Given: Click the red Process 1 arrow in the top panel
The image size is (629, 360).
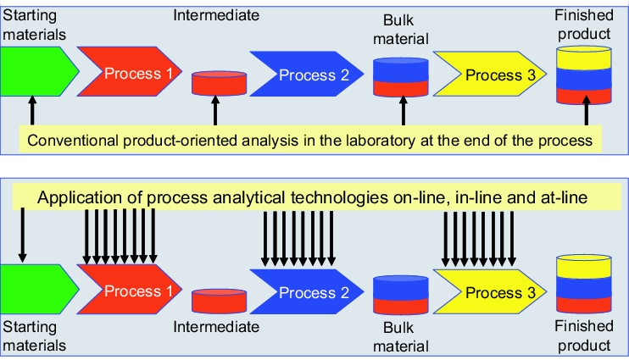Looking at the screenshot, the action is pyautogui.click(x=129, y=71).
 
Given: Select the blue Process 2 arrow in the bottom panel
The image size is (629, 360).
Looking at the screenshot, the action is pyautogui.click(x=307, y=291).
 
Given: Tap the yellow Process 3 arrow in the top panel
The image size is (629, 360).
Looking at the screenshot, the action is pyautogui.click(x=490, y=74).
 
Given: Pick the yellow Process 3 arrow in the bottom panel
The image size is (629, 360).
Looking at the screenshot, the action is pyautogui.click(x=490, y=291).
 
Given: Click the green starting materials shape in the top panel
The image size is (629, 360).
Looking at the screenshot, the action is pyautogui.click(x=38, y=71).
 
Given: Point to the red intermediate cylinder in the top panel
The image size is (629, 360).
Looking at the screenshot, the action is pyautogui.click(x=219, y=83).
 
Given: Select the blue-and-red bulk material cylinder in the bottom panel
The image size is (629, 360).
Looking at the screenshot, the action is pyautogui.click(x=401, y=295).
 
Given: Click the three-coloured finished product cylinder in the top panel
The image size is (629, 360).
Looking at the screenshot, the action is pyautogui.click(x=584, y=75).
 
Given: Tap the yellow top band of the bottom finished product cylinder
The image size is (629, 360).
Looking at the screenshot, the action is pyautogui.click(x=584, y=266).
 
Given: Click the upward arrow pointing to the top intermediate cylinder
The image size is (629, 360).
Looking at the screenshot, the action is pyautogui.click(x=215, y=110).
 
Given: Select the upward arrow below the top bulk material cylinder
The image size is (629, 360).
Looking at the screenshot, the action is pyautogui.click(x=404, y=110).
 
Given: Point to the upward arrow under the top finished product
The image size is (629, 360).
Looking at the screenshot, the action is pyautogui.click(x=587, y=110).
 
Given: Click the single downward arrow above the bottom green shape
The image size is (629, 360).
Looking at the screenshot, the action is pyautogui.click(x=22, y=235).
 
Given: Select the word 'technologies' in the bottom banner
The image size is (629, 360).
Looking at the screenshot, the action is pyautogui.click(x=339, y=197).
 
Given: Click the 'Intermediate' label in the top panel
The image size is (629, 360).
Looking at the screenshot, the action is pyautogui.click(x=216, y=15).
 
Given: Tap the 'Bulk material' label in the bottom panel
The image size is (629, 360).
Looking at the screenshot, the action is pyautogui.click(x=401, y=337).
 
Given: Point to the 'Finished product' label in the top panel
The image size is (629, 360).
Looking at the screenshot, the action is pyautogui.click(x=584, y=25).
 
